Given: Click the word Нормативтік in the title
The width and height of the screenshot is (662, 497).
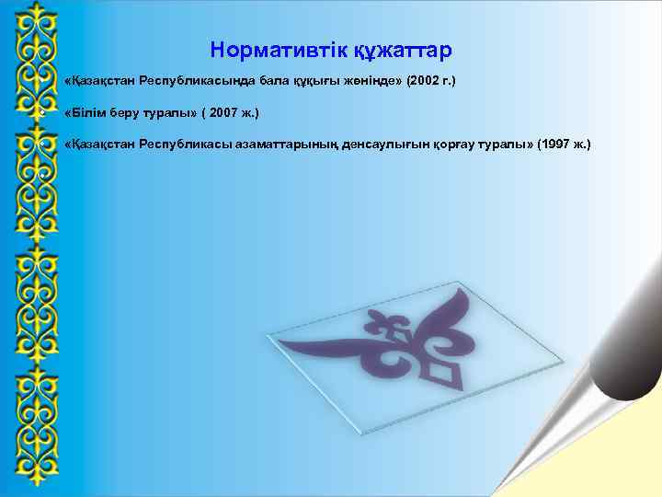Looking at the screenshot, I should click(x=268, y=49).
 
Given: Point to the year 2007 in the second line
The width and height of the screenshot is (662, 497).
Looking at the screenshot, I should click(x=228, y=113).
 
